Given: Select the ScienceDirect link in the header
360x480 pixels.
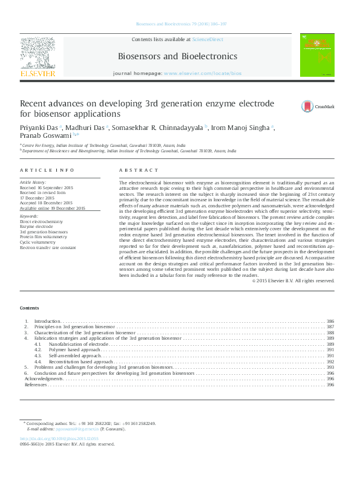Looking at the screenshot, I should click(208, 39).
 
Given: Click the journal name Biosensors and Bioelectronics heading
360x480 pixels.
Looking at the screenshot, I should click(177, 56).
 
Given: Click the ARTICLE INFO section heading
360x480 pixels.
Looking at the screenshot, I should click(47, 170).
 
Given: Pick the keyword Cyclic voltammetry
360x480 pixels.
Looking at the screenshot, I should click(39, 242).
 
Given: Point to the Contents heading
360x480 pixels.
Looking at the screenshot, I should click(29, 308).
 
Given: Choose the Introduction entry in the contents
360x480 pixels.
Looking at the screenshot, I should click(47, 321).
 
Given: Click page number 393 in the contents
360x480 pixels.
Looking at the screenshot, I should click(330, 367).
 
